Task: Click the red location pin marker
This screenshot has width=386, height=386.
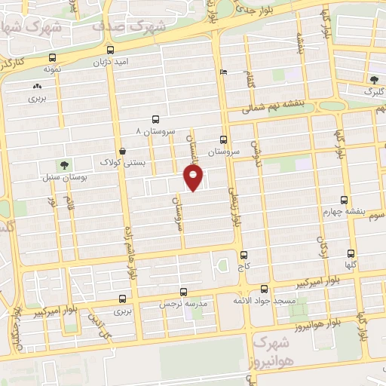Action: [194, 178]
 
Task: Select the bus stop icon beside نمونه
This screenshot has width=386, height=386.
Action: [51, 57]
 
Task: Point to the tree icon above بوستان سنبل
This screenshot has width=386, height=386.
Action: [64, 165]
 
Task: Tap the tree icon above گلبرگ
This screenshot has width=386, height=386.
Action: [375, 80]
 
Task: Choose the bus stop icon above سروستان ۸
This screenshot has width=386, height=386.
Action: [155, 119]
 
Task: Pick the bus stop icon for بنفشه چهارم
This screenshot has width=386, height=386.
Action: [345, 201]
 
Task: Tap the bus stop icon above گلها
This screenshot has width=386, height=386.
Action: [351, 254]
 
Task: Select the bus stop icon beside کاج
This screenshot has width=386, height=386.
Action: [243, 256]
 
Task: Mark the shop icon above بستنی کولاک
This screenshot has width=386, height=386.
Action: [122, 151]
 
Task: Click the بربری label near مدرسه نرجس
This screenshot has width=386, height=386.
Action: [122, 310]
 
